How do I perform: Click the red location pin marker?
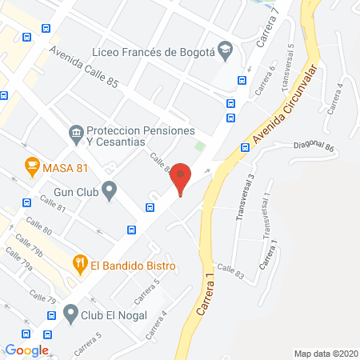pos(182,178)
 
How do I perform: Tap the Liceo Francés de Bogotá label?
pos(152,52)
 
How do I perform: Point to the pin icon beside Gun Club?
pos(110,191)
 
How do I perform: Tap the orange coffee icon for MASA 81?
pos(32,166)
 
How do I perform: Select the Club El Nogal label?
pos(119,314)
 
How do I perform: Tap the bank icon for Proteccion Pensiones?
pos(76,133)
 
